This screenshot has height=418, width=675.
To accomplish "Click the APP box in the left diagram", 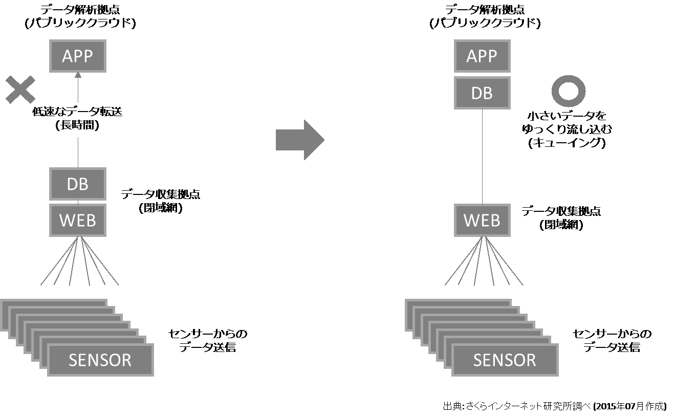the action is (x=78, y=56).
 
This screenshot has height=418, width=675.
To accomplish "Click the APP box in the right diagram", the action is (x=482, y=56).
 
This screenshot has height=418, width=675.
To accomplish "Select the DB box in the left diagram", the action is (x=78, y=184).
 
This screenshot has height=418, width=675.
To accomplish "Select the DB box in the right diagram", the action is (x=482, y=93).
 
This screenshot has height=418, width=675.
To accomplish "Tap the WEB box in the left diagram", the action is (x=78, y=220).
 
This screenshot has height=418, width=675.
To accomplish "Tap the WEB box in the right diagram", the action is (x=482, y=220).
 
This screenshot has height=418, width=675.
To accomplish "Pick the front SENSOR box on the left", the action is (x=100, y=360).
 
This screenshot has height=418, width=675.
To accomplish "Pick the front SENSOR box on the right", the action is (x=505, y=360).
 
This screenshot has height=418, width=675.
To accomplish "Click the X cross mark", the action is (x=20, y=90).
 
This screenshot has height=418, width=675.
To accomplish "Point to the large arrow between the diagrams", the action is (x=300, y=140).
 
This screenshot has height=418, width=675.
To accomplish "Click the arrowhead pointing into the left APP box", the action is (x=78, y=75).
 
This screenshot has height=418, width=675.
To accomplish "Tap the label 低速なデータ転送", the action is (x=77, y=112).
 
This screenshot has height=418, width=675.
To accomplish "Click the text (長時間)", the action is (x=77, y=125).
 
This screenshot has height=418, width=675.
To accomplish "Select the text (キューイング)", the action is (x=567, y=143).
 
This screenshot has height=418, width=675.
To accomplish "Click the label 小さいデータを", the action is (x=567, y=116).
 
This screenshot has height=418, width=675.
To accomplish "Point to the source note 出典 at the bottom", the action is (x=555, y=406).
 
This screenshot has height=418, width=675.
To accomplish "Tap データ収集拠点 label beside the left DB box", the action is (x=161, y=194).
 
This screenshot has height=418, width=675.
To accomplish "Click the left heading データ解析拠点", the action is (x=80, y=10).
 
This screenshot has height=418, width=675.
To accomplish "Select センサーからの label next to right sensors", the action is (x=612, y=334).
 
